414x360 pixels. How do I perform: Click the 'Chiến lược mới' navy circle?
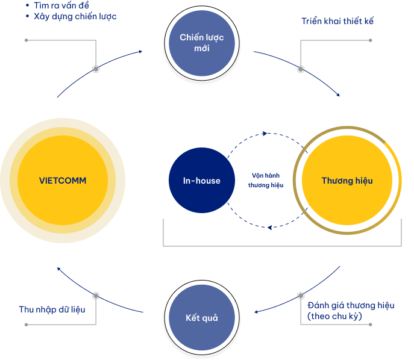pos(201,43)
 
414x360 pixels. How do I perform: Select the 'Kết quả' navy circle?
pos(201,317)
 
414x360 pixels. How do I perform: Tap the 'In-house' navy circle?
pos(201,181)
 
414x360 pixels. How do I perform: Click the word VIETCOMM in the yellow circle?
pos(63,181)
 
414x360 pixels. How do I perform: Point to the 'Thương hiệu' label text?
pos(347,181)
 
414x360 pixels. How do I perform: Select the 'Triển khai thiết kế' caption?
pos(337,21)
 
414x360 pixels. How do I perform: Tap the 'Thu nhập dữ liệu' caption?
pos(52,309)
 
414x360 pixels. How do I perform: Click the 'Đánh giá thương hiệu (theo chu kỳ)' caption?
pos(351,311)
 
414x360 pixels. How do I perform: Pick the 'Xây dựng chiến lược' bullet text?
pos(75,16)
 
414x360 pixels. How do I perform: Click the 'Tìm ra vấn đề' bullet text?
pos(61,5)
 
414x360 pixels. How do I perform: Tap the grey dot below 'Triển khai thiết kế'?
pos(301,69)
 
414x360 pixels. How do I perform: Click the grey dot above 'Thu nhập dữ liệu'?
pos(96,295)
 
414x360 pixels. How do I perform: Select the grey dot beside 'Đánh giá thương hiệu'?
pos(301,296)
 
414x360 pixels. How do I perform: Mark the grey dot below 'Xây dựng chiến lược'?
pos(96,69)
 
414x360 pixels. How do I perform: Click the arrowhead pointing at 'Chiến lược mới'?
pos(140,52)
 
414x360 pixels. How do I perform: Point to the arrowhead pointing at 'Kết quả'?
pos(257,311)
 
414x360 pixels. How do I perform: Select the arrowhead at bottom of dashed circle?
pos(271,227)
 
